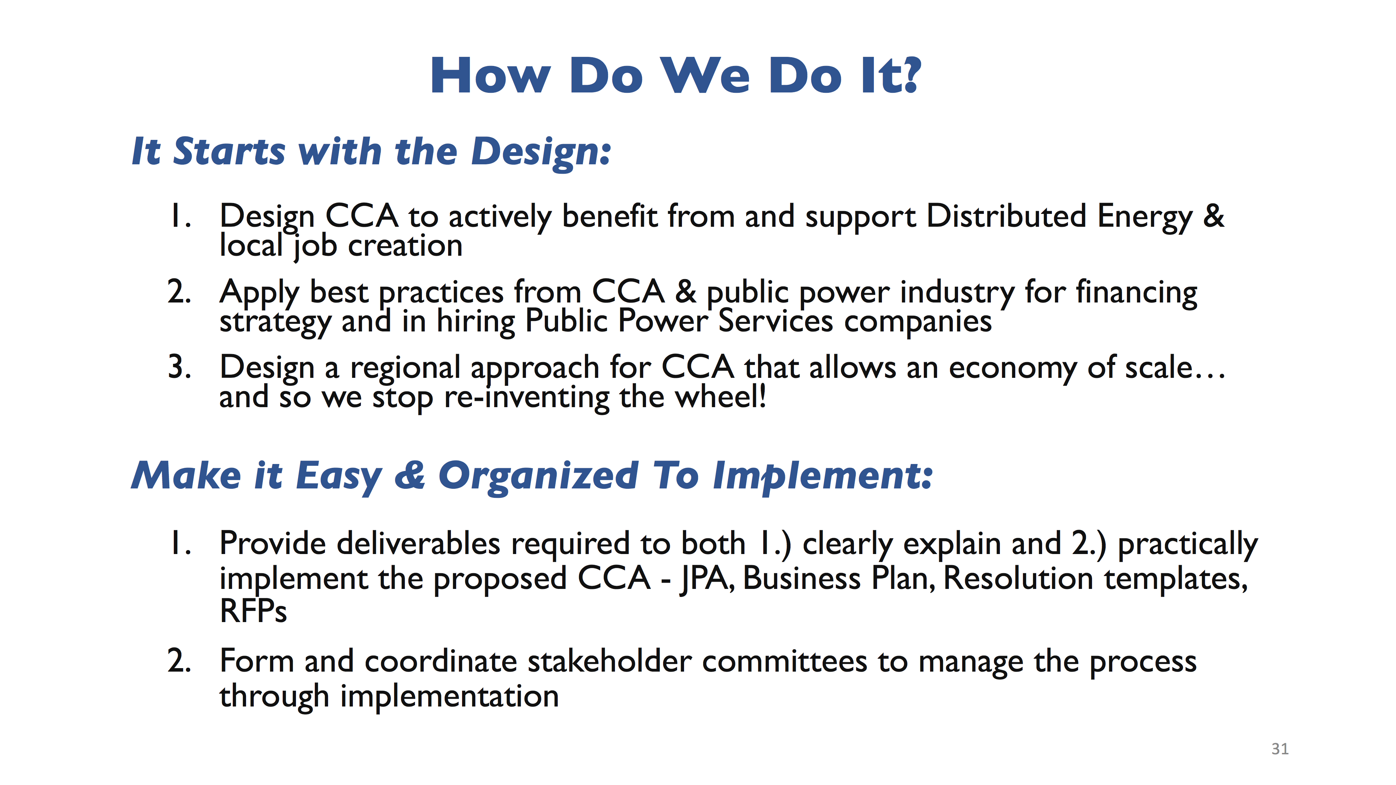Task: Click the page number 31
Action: click(x=1280, y=749)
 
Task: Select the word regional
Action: click(x=405, y=369)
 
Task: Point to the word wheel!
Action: click(x=721, y=397)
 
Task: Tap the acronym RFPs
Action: click(x=253, y=611)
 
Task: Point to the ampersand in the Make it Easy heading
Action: click(x=410, y=476)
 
